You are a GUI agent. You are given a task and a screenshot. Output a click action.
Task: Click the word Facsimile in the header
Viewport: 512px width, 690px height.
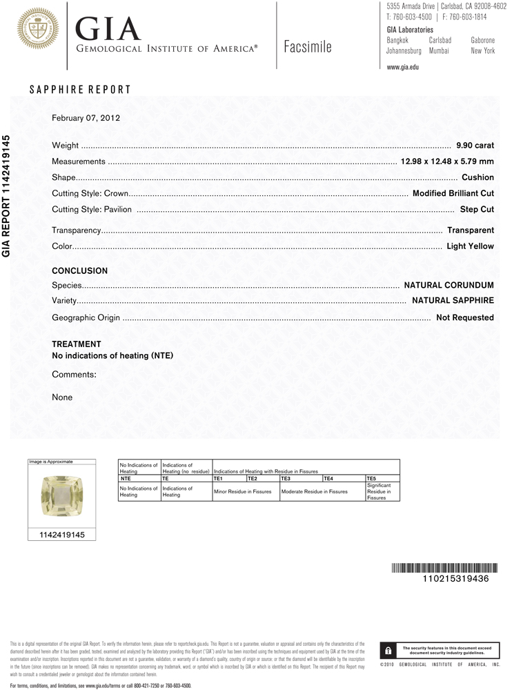coord(307,47)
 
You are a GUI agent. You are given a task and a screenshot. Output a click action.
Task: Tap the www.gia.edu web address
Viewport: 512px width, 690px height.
coord(403,67)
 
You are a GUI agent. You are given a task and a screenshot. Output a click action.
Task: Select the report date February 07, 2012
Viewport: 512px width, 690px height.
coord(86,118)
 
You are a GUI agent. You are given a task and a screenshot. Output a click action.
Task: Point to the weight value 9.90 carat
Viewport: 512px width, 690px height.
coord(475,146)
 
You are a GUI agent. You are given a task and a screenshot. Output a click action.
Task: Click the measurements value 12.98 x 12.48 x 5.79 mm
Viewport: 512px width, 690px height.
coord(447,161)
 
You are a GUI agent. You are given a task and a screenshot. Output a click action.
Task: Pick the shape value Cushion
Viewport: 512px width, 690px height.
coord(477,177)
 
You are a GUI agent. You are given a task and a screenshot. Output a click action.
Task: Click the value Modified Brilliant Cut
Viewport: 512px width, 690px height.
coord(453,193)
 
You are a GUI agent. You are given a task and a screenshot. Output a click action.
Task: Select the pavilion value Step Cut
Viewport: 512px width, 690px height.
coord(477,209)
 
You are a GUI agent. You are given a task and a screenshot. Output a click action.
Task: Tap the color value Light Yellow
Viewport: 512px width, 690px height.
coord(470,246)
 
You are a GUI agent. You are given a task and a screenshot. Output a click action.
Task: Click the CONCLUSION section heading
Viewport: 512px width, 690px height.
coord(80,271)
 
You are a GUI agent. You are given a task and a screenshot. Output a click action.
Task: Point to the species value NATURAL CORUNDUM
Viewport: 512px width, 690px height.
coord(449,285)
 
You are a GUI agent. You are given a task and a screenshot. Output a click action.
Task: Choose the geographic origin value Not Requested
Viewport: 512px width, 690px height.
coord(465,318)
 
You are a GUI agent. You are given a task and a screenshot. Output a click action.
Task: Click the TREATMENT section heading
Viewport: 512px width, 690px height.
coord(77,344)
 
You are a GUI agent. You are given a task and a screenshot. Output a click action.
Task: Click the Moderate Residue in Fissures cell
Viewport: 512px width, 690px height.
coord(314,491)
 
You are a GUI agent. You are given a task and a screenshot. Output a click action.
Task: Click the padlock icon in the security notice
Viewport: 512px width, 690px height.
coord(388,651)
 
